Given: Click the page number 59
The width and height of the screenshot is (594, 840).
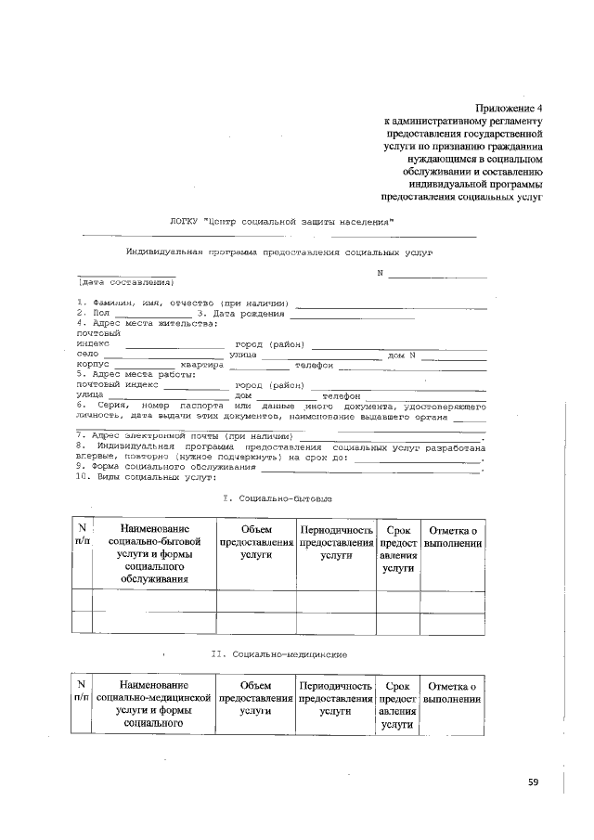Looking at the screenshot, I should point(534,782).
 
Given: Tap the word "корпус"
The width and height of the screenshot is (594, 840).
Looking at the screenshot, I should point(93,365).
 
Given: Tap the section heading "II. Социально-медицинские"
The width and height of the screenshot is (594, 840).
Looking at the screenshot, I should point(279,654).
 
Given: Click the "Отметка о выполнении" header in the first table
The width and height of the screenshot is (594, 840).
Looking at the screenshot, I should point(452,536).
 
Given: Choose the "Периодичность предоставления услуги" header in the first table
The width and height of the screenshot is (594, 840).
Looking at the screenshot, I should point(335,541).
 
